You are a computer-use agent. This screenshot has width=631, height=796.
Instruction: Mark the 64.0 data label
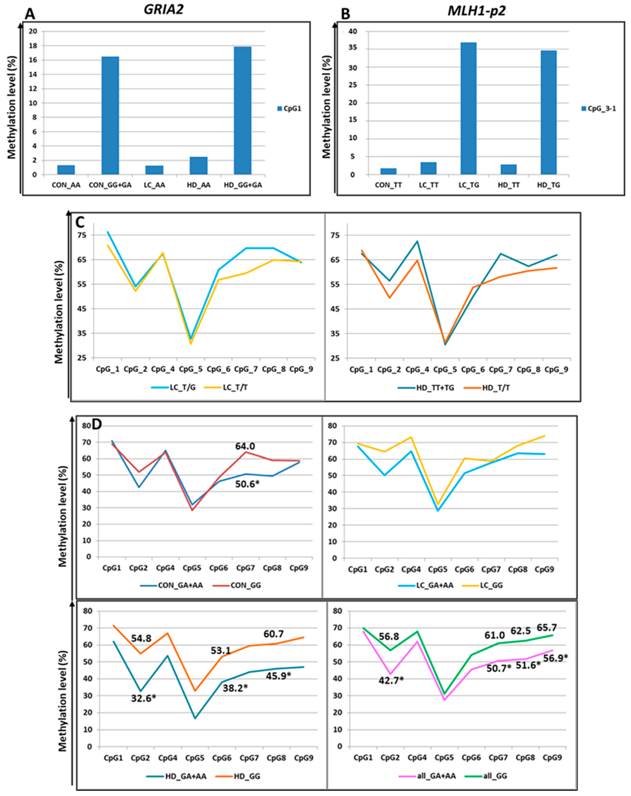[x=245, y=446]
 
